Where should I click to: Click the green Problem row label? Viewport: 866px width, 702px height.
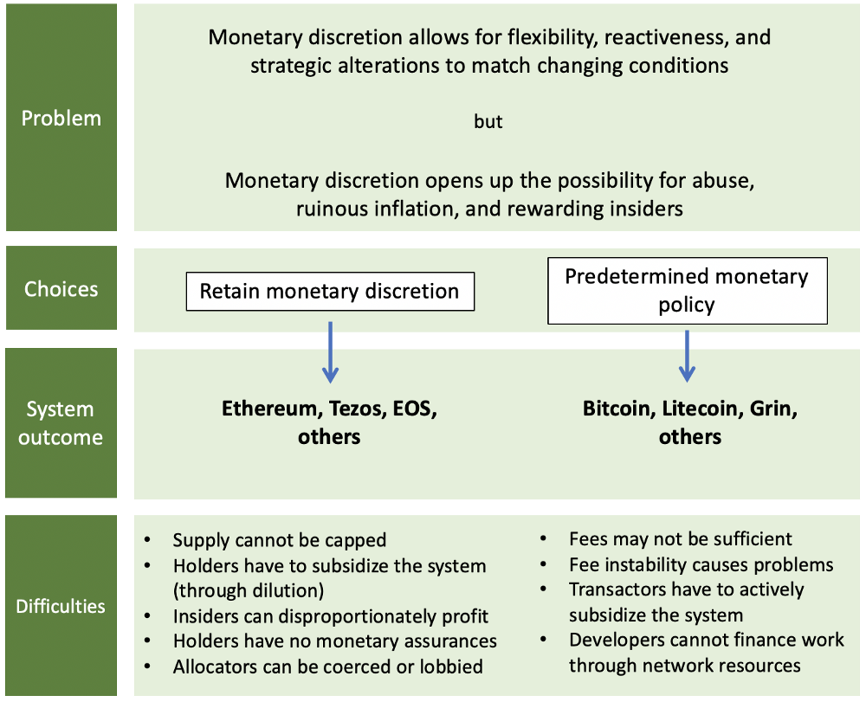61,118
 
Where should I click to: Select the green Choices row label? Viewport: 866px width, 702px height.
61,288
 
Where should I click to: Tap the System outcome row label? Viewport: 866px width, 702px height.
61,422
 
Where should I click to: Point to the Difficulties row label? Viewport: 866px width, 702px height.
61,605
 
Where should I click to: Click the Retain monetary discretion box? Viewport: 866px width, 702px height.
330,292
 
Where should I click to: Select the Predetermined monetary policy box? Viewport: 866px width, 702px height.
687,290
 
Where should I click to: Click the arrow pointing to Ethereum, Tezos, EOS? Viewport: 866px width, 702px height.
330,352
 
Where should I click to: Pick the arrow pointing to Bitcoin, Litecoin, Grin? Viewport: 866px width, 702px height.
687,356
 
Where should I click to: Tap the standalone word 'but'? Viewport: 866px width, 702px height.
488,121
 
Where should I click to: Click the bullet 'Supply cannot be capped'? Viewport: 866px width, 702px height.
280,540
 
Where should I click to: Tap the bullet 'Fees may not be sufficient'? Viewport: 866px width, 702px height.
681,538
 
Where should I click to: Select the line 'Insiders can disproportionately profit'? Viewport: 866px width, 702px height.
331,616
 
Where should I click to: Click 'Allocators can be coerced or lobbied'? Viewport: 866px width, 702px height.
328,667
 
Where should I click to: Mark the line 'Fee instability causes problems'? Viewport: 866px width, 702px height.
701,564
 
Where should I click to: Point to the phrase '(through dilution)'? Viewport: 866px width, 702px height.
249,590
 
